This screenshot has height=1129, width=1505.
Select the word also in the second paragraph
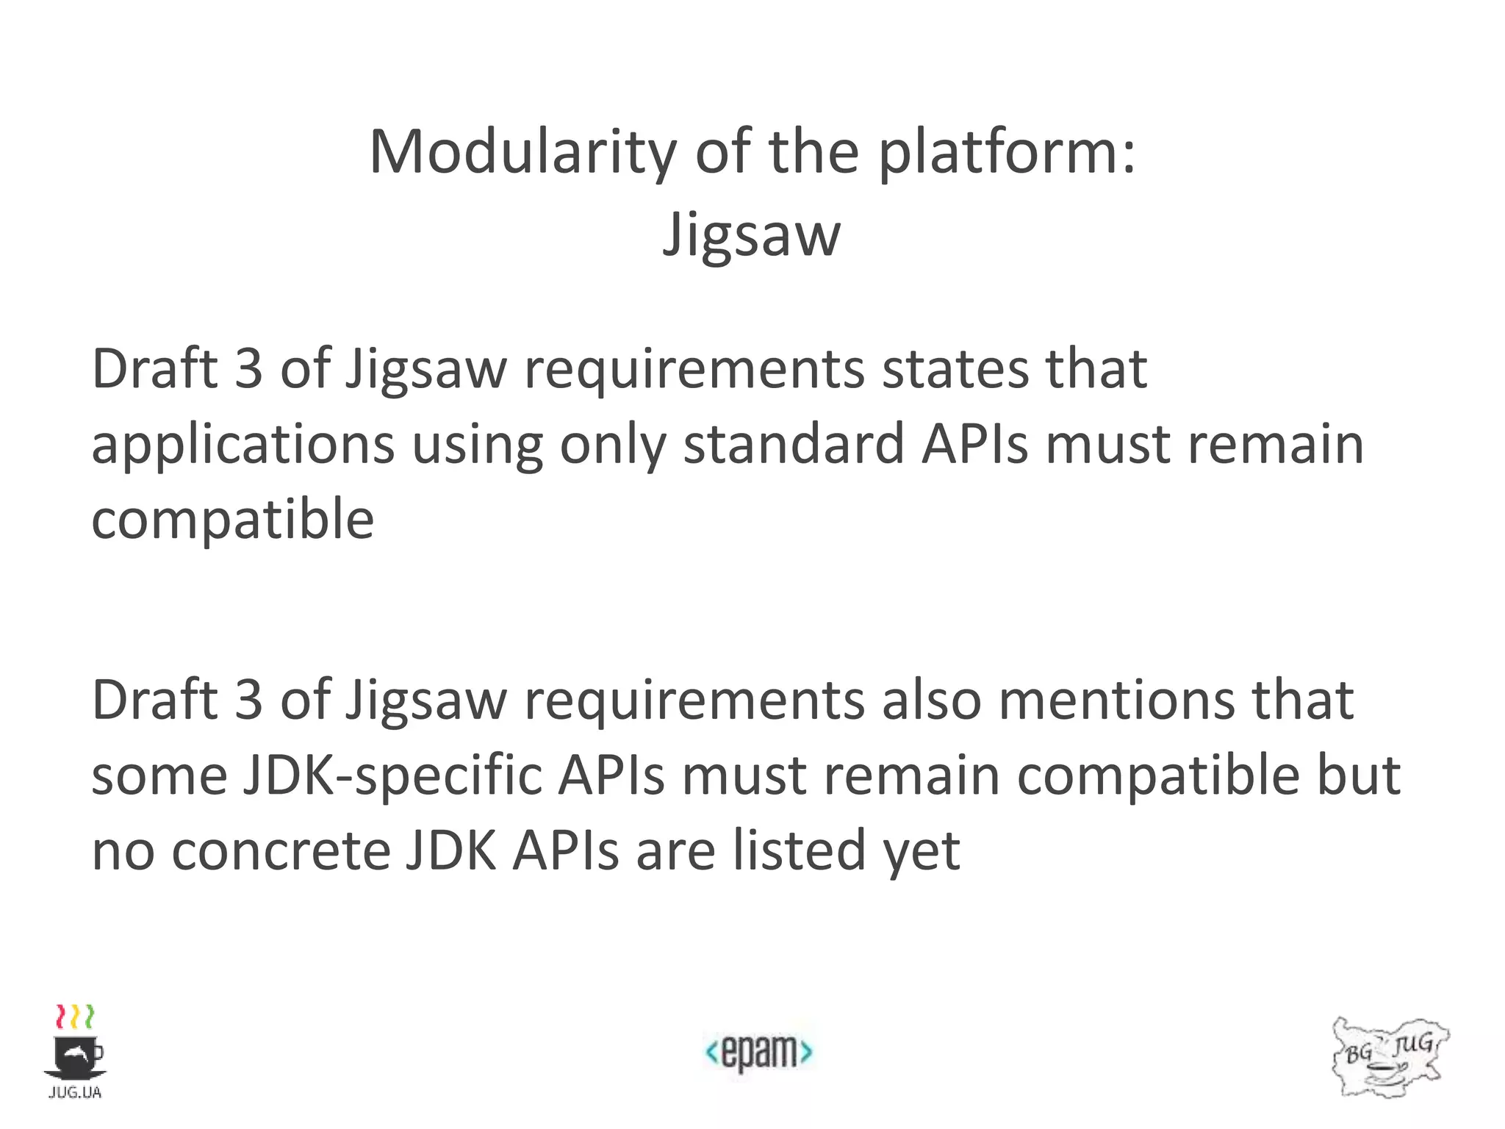931,700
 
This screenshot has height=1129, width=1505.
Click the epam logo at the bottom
758,1052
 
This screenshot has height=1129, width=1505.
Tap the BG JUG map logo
1389,1057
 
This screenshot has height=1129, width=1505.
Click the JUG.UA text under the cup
75,1093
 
